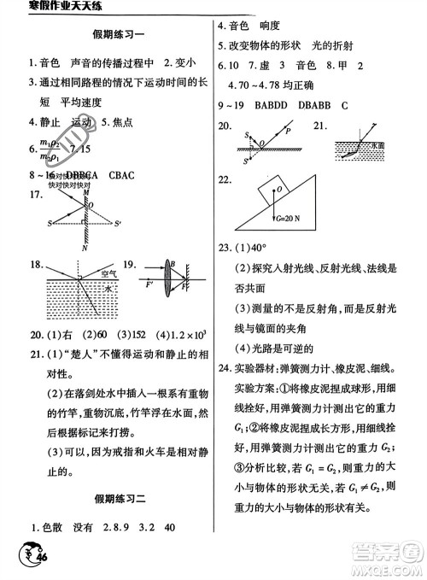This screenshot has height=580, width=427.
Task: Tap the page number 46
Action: [x=38, y=559]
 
